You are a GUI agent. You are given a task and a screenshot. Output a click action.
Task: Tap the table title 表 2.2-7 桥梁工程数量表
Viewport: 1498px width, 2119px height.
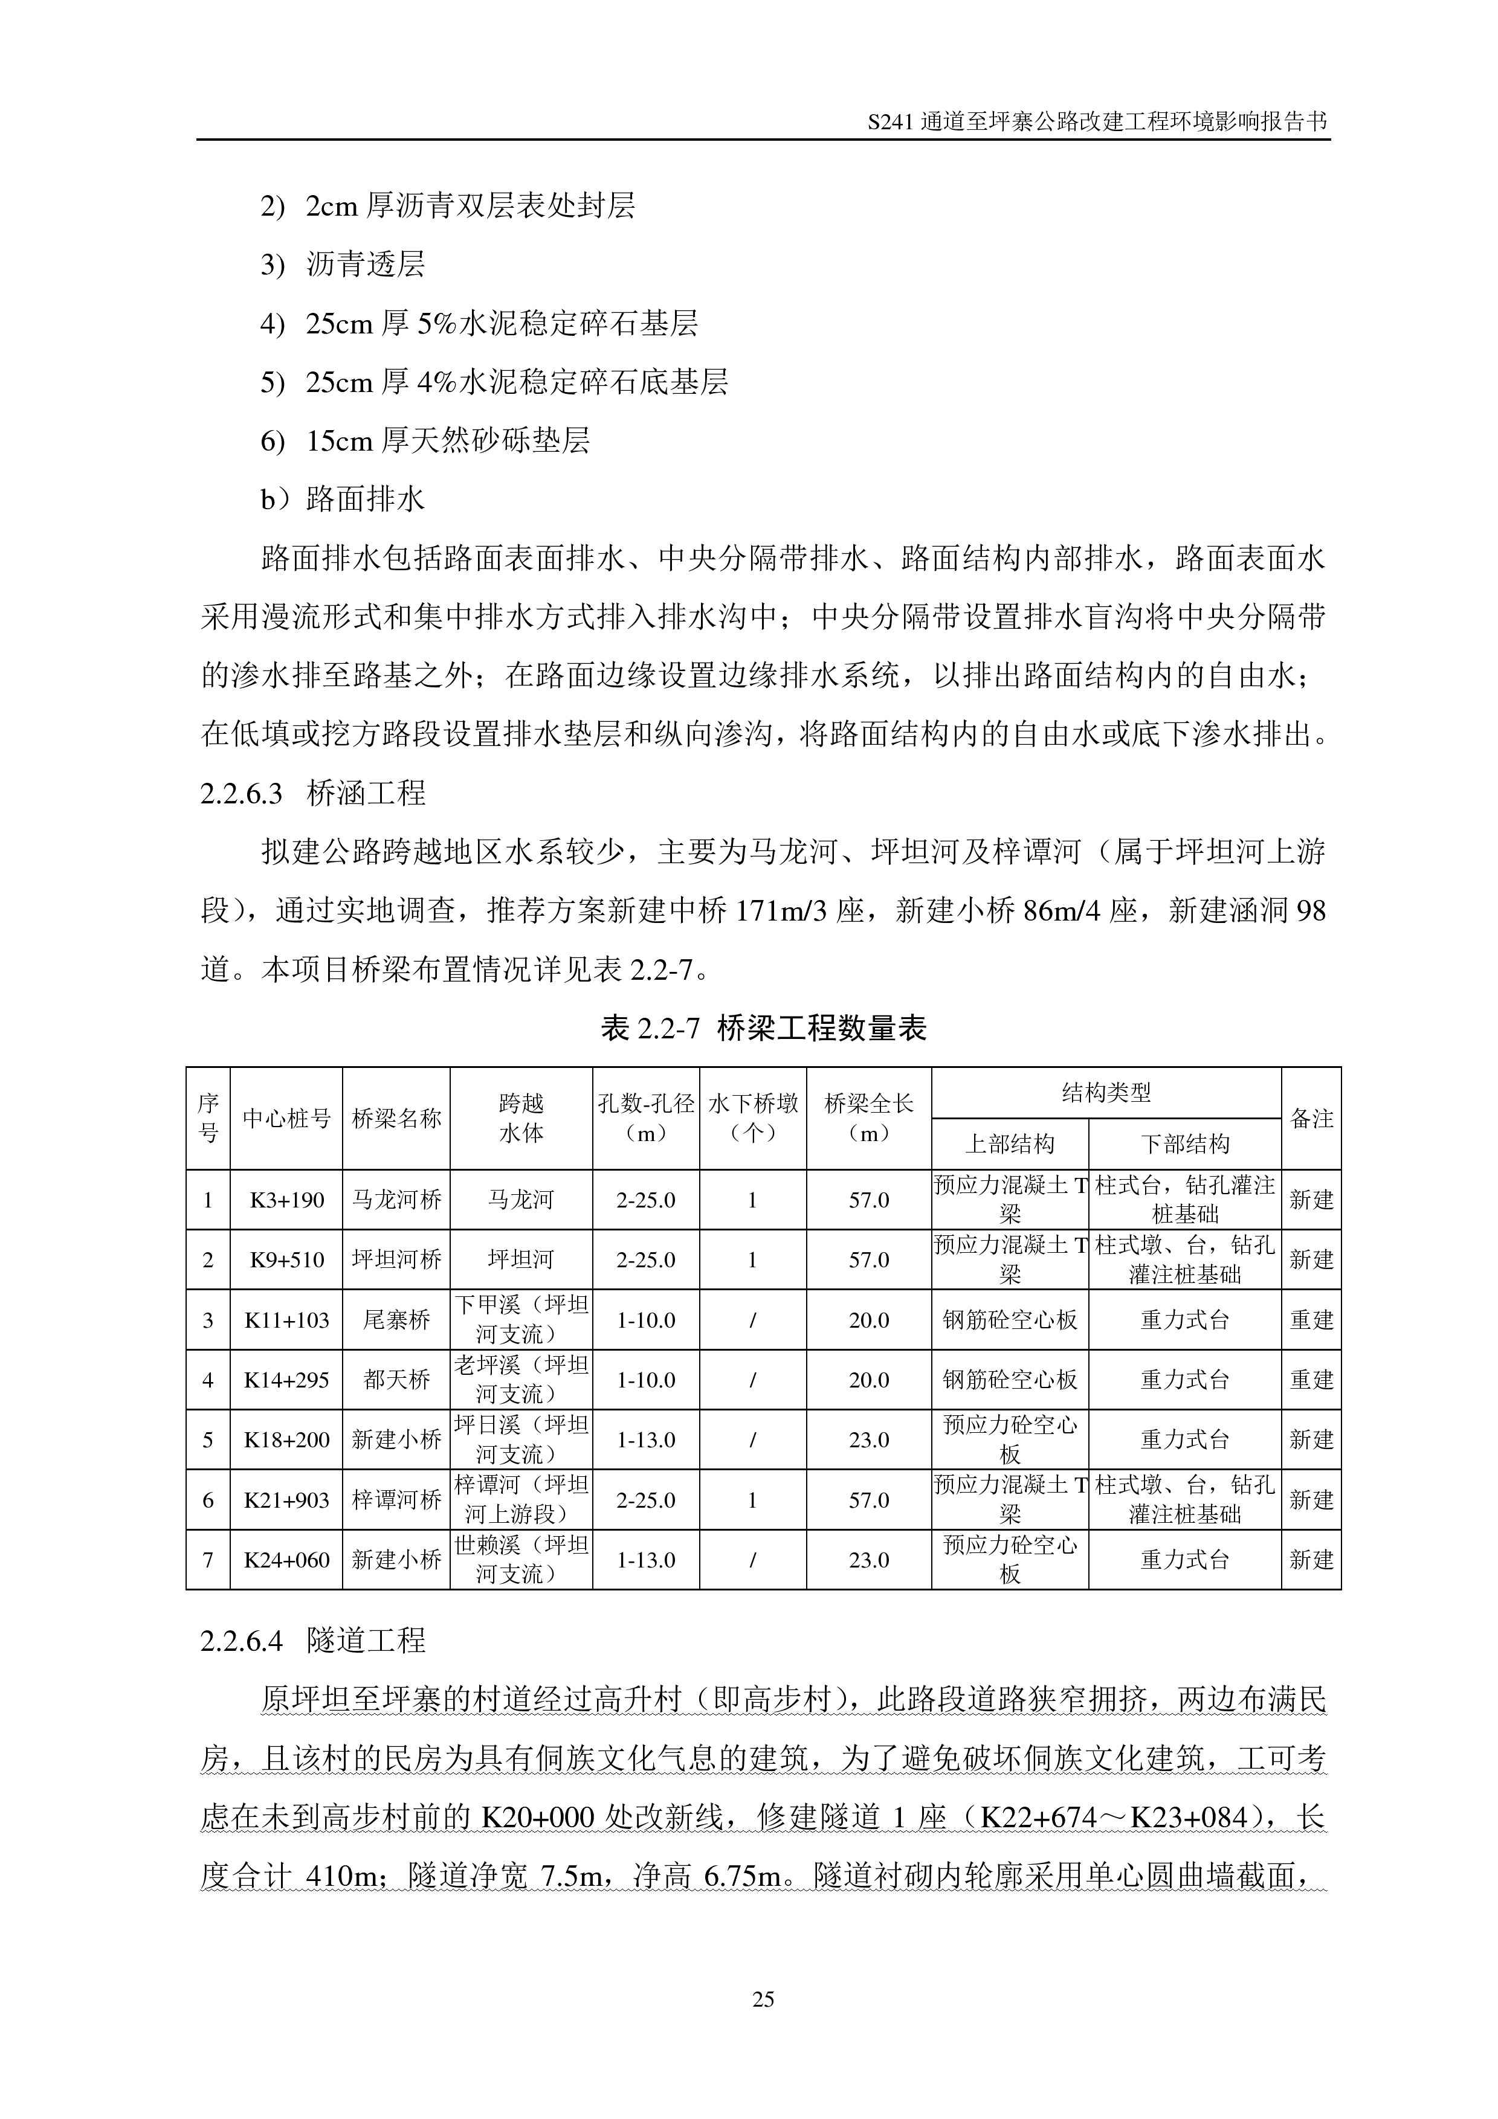pos(763,1028)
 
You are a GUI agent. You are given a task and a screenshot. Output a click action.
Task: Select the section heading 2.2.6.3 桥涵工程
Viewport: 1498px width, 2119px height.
pos(313,793)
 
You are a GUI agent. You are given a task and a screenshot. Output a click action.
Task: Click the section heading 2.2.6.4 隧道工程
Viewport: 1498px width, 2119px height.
pos(313,1640)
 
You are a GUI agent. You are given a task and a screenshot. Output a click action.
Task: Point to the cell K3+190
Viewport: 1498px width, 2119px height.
pos(287,1200)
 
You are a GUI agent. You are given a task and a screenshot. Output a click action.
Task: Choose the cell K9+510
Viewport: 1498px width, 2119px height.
pos(287,1260)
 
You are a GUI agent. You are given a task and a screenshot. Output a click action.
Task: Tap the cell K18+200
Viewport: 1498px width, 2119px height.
pos(287,1439)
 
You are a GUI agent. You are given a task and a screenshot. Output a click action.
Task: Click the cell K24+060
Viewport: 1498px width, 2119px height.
pos(287,1560)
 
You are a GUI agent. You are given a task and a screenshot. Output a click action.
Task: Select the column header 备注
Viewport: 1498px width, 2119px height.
pos(1311,1119)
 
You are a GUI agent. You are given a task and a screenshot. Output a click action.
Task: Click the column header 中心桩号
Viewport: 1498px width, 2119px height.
pos(287,1119)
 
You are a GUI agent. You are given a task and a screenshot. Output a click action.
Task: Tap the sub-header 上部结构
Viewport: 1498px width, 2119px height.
pos(1010,1145)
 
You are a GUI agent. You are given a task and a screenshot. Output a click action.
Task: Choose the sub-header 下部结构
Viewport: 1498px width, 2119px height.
pos(1185,1145)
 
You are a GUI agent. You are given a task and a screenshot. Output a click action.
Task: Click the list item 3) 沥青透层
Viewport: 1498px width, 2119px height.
pos(343,265)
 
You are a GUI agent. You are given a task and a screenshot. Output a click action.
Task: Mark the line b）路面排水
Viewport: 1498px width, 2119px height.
pos(343,500)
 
